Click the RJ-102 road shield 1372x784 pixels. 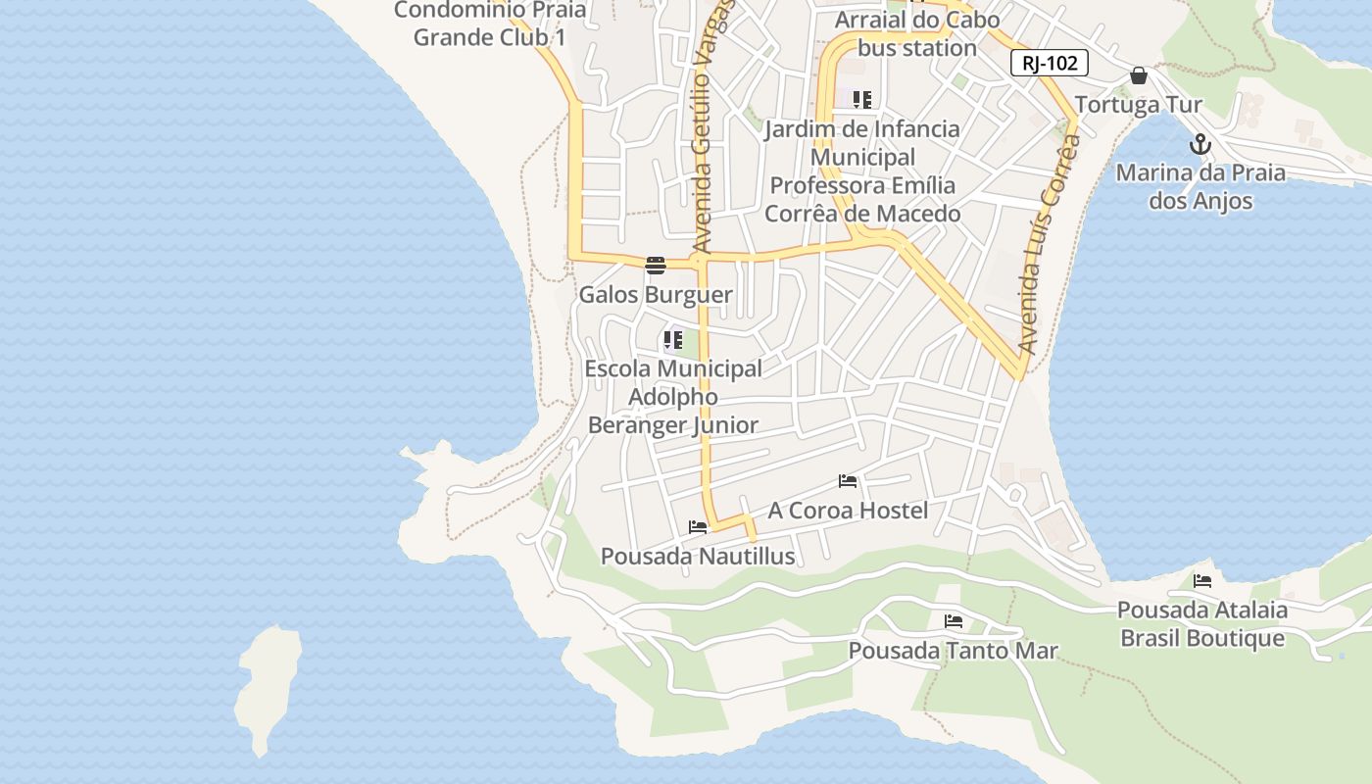[x=1050, y=64]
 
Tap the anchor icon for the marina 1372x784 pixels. [x=1200, y=145]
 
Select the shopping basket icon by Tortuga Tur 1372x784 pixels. [x=1139, y=75]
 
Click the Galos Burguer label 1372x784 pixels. [x=656, y=294]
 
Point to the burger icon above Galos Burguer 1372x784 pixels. [x=656, y=265]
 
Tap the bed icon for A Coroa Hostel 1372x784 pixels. [x=848, y=481]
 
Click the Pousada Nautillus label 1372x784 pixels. [x=698, y=557]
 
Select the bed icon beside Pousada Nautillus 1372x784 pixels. [x=698, y=527]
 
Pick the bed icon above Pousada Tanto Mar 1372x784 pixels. [x=953, y=621]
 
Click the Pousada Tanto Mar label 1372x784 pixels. [x=953, y=651]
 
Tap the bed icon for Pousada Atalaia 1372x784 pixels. [x=1202, y=581]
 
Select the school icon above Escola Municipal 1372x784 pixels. [x=672, y=341]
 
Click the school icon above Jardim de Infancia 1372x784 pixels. [x=862, y=99]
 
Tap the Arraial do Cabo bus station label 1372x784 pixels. [x=916, y=33]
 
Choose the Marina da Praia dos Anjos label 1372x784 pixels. [x=1200, y=187]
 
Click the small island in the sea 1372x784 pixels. [x=267, y=686]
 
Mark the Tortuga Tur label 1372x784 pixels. [x=1139, y=105]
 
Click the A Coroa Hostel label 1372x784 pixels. [x=848, y=511]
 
